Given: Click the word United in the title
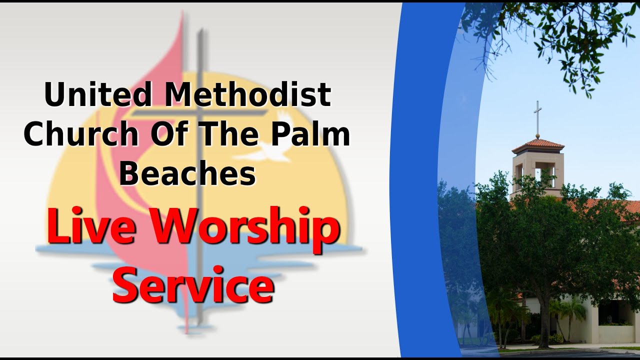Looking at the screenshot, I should point(98,94).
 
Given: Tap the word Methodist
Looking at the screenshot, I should point(248,94).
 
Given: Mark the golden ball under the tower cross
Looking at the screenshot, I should point(537,135).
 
